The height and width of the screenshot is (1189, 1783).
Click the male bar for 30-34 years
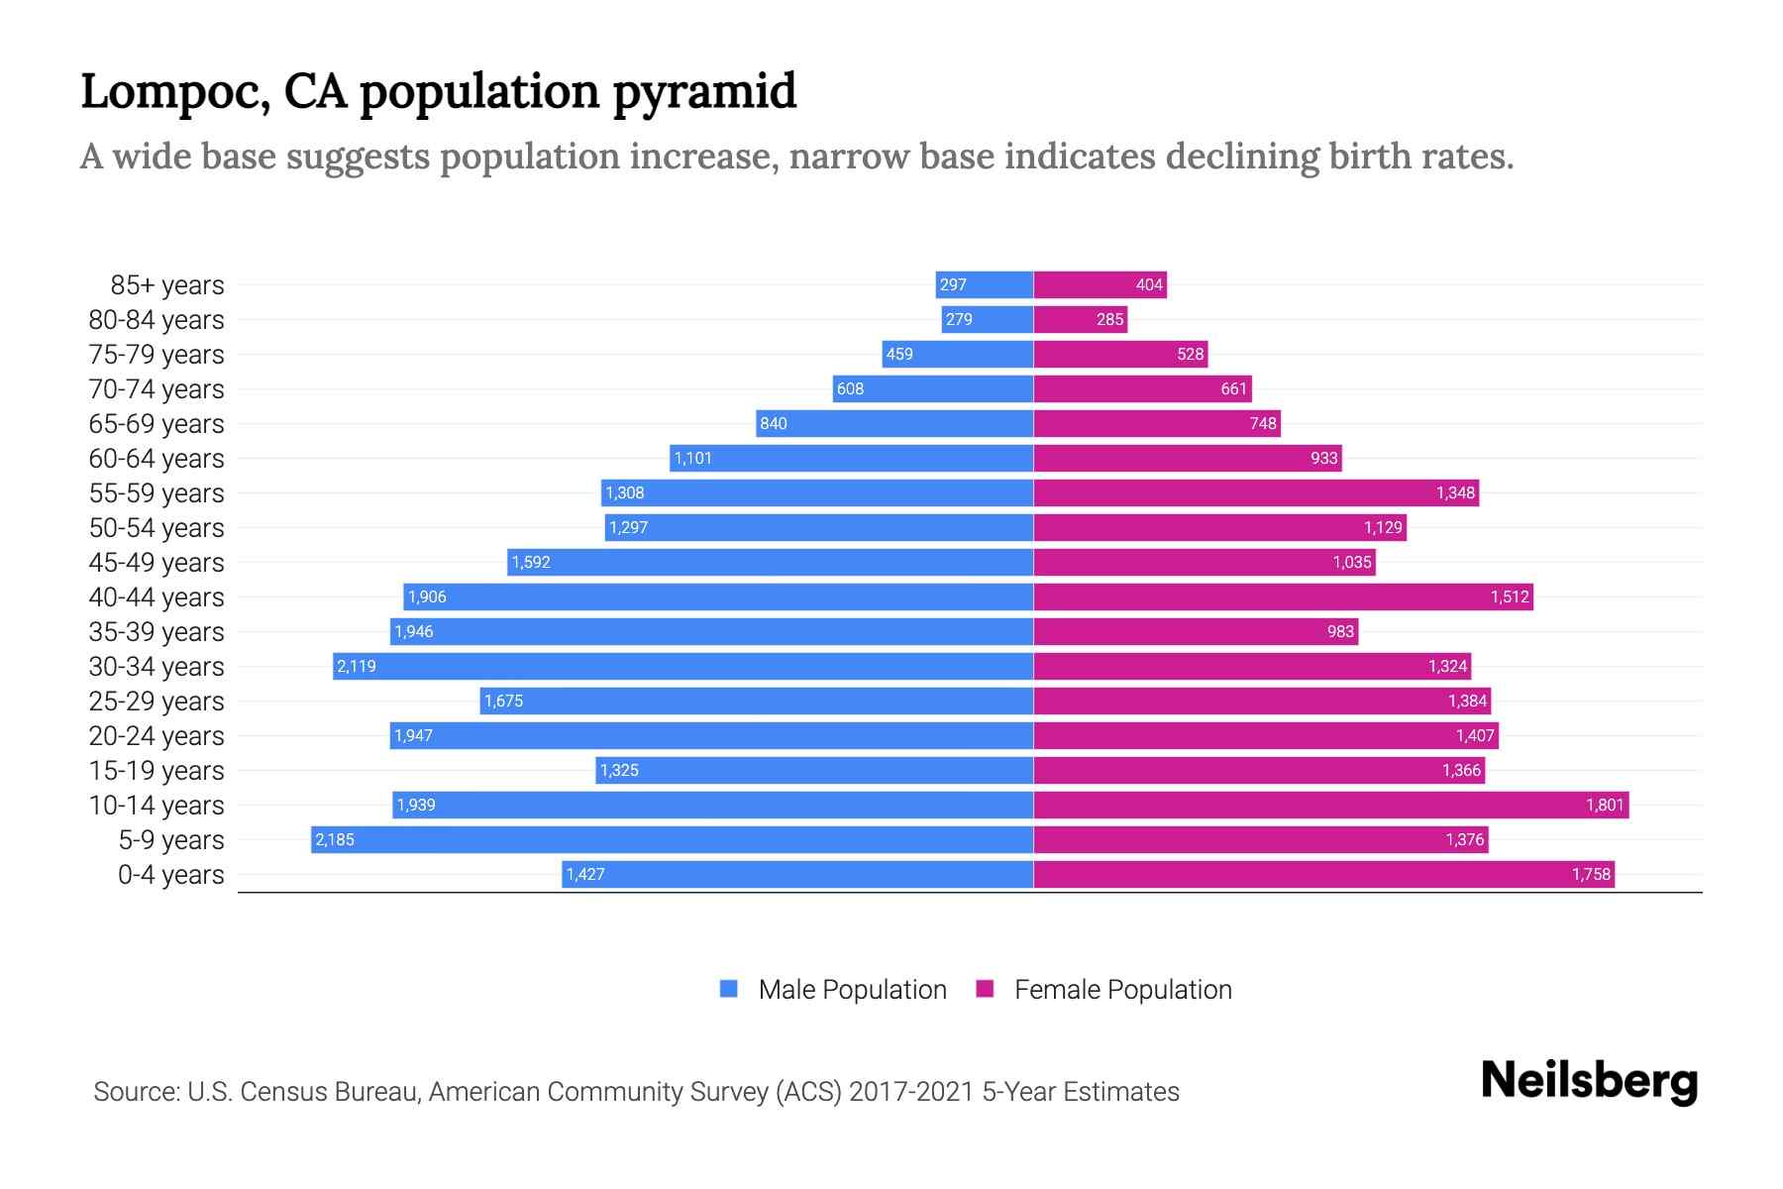(683, 666)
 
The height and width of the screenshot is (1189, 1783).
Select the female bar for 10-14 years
(1330, 805)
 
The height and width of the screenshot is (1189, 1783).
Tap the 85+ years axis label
(167, 285)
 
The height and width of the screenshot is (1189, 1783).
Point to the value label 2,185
(335, 840)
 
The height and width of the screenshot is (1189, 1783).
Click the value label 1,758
(1591, 874)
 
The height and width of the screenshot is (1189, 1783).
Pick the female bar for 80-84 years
(1080, 319)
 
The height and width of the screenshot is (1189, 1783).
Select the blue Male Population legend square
(729, 989)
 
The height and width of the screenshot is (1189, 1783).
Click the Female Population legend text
(1122, 990)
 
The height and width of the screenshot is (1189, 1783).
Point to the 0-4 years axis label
(170, 875)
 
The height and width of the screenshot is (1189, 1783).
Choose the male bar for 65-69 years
(894, 423)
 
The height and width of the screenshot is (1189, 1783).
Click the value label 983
(1340, 632)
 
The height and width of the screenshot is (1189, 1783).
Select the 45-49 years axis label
(157, 563)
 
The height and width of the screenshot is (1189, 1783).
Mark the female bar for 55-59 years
(1256, 492)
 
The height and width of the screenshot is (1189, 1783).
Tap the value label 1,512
(1510, 596)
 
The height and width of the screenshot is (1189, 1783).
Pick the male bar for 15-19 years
(814, 770)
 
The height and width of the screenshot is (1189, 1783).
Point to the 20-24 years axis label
(157, 736)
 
